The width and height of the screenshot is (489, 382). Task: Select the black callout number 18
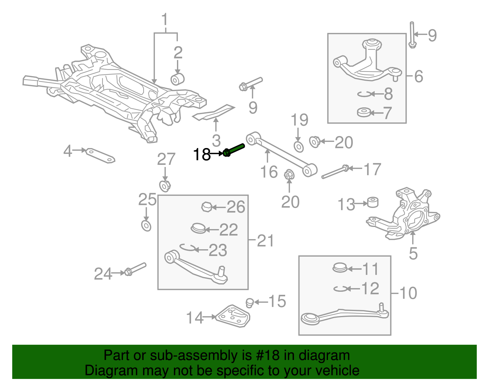point(202,154)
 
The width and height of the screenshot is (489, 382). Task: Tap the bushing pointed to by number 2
point(178,79)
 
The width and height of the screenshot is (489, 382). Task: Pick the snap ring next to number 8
point(365,94)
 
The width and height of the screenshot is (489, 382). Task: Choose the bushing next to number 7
point(364,113)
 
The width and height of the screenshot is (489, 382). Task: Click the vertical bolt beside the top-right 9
point(412,35)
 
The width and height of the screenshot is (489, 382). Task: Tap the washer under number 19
point(299,146)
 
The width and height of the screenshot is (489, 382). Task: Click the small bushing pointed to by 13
point(373,202)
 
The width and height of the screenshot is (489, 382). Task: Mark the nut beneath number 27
point(165,186)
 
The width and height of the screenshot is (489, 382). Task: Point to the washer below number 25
point(146,225)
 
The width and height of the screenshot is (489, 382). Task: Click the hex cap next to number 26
point(207,207)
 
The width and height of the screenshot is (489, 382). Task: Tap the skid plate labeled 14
point(233,316)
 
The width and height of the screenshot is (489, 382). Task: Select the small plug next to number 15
point(249,302)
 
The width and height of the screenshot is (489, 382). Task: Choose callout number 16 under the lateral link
point(269,172)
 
